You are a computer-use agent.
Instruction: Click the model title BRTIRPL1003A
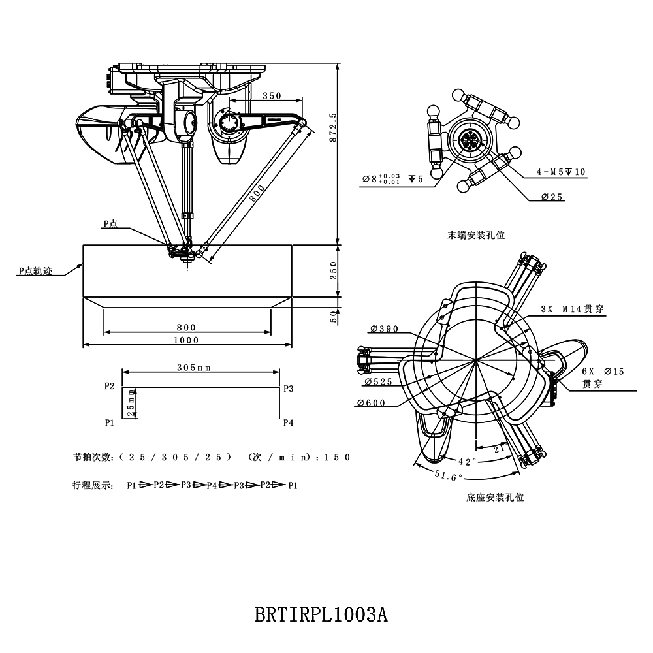coord(321,615)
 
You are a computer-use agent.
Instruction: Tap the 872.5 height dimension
coord(333,128)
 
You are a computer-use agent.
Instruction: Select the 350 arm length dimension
coord(271,95)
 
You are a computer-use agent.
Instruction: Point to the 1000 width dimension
coord(186,340)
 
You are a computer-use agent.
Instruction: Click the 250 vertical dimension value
coord(333,270)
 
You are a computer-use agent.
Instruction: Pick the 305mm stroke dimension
coord(194,368)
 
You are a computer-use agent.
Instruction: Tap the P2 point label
coord(110,387)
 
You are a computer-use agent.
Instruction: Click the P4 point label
coord(288,423)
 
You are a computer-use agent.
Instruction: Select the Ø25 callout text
coord(552,197)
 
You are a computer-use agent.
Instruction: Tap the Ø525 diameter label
coord(378,381)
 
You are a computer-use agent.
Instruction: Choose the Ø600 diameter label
coord(372,403)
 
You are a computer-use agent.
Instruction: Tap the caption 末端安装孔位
coord(477,234)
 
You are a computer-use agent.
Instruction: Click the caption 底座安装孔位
coord(495,498)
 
